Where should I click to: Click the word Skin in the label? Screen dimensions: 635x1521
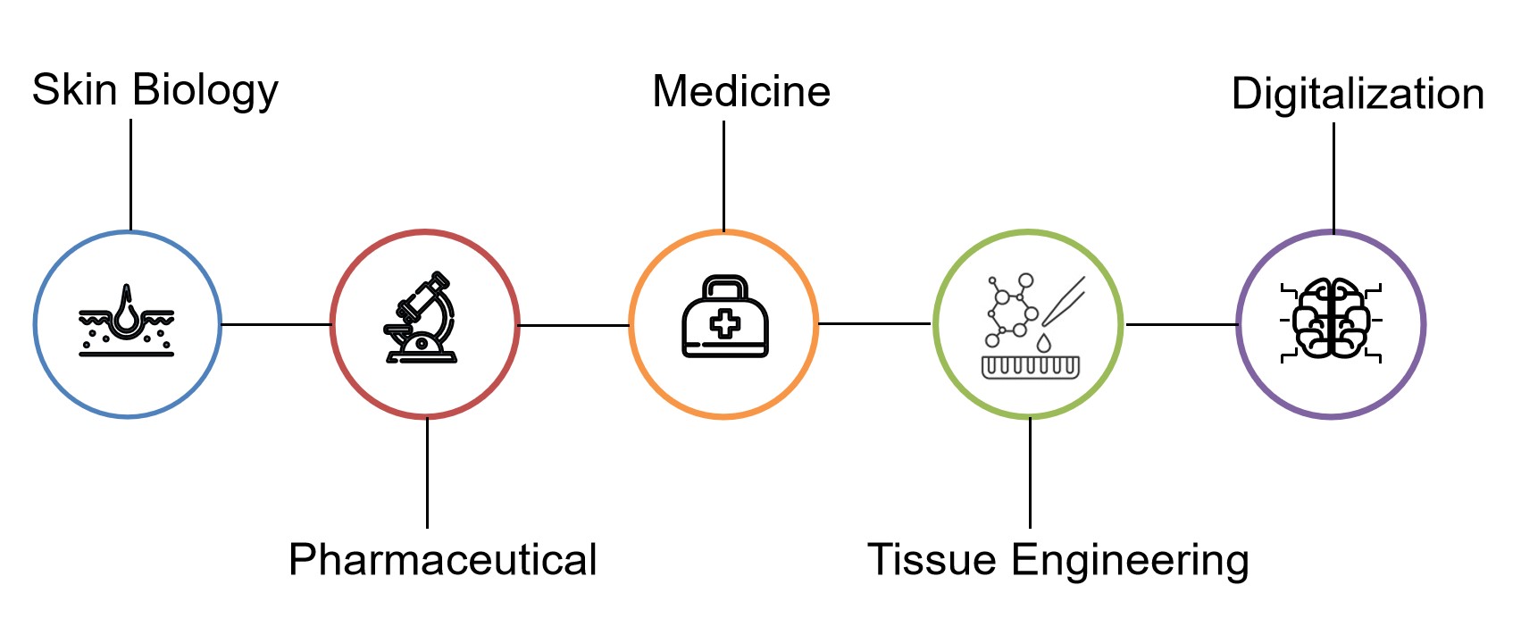74,90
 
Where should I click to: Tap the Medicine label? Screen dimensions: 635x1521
741,92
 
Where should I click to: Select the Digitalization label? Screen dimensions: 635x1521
1357,95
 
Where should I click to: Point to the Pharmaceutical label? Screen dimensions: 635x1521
442,560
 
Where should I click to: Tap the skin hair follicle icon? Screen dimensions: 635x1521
127,322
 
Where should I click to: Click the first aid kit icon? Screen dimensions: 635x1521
724,319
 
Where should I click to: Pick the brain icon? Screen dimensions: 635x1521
1331,319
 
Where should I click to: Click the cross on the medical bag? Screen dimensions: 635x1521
724,323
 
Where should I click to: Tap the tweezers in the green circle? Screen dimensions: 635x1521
1063,301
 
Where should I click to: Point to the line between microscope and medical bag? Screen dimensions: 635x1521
573,325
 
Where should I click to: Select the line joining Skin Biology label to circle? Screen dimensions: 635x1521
130,174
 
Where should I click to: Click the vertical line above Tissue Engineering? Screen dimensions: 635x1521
1030,472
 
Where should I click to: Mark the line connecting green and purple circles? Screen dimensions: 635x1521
1181,324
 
